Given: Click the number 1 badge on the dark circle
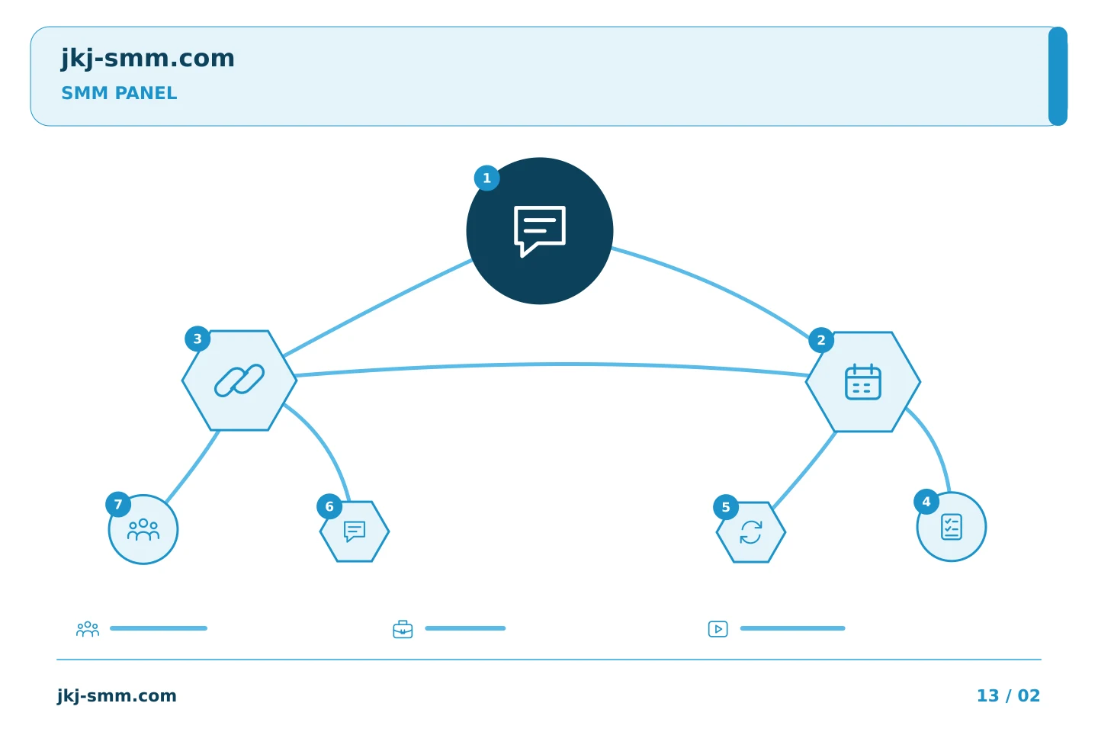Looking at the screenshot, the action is pyautogui.click(x=486, y=178).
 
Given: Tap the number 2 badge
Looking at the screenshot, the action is pyautogui.click(x=821, y=340).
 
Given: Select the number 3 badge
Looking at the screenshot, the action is pyautogui.click(x=197, y=339).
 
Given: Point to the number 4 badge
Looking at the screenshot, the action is pyautogui.click(x=926, y=502).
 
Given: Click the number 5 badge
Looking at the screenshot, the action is pyautogui.click(x=726, y=507).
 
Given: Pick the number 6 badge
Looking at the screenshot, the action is pyautogui.click(x=329, y=506).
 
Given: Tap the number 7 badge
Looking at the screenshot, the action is pyautogui.click(x=118, y=505).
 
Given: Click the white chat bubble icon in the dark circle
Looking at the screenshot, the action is pyautogui.click(x=540, y=231).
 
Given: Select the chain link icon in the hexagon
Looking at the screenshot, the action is pyautogui.click(x=239, y=380).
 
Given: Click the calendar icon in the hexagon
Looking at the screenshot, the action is pyautogui.click(x=863, y=382).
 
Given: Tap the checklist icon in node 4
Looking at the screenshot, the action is pyautogui.click(x=952, y=527).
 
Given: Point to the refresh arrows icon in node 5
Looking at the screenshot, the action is pyautogui.click(x=751, y=532).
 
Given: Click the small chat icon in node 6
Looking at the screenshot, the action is pyautogui.click(x=355, y=531).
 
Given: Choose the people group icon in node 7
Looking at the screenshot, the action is pyautogui.click(x=143, y=529).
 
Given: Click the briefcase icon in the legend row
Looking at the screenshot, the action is pyautogui.click(x=403, y=629).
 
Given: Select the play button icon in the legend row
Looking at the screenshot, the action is pyautogui.click(x=718, y=629).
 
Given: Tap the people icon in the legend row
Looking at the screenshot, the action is pyautogui.click(x=88, y=629).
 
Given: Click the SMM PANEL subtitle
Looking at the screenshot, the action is pyautogui.click(x=119, y=93).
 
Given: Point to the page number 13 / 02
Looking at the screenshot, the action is pyautogui.click(x=1008, y=695).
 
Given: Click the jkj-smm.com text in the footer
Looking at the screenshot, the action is pyautogui.click(x=117, y=696).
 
